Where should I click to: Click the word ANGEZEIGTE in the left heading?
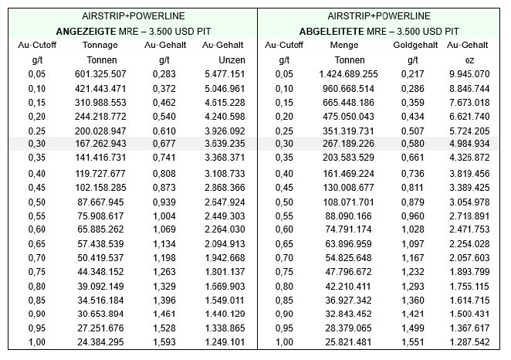coord(86,32)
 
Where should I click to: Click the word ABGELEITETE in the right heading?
coord(331,32)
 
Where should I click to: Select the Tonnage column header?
coord(100,45)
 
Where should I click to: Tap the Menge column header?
coord(344,45)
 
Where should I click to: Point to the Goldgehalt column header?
coord(415,45)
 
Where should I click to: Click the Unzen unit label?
coord(232,60)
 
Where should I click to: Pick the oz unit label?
coord(469,61)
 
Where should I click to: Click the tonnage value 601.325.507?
coord(100,74)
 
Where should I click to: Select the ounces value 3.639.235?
coord(225,144)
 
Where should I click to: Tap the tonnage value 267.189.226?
coord(348,144)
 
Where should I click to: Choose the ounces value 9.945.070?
coord(469,74)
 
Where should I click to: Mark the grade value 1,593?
coord(164,342)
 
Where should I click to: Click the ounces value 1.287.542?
coord(469,342)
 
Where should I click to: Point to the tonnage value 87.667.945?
coord(100,202)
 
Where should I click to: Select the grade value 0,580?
coord(412,144)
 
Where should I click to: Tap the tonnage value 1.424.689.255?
coord(348,74)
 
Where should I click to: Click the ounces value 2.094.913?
coord(225,244)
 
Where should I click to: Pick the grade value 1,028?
coord(412,229)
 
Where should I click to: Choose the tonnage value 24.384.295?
coord(100,342)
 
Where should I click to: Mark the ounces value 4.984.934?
coord(469,144)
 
